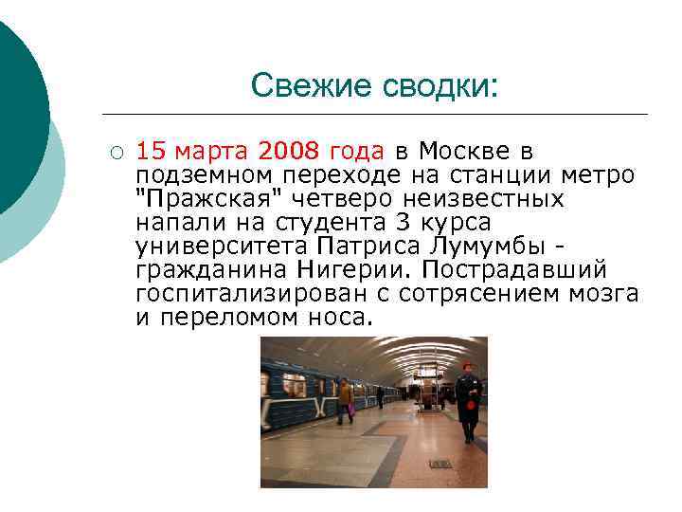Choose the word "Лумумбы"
(x=493, y=247)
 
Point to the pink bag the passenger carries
(x=350, y=409)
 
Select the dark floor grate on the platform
(x=440, y=464)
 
